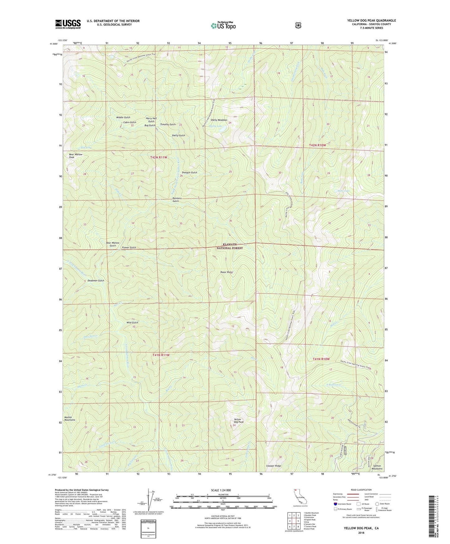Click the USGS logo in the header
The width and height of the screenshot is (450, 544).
(68, 24)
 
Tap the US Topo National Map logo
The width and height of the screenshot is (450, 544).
(222, 25)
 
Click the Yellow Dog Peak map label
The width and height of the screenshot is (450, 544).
(239, 421)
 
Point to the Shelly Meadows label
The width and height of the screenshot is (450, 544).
(219, 120)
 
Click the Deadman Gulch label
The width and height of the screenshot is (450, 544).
(96, 281)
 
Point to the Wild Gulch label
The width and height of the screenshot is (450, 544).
(132, 322)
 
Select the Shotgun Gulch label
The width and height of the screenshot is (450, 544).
(189, 172)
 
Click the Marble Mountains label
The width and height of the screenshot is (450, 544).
(70, 418)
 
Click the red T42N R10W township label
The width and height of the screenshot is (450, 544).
(317, 145)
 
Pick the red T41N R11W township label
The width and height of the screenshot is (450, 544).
(161, 355)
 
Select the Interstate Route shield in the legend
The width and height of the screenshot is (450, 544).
(335, 503)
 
